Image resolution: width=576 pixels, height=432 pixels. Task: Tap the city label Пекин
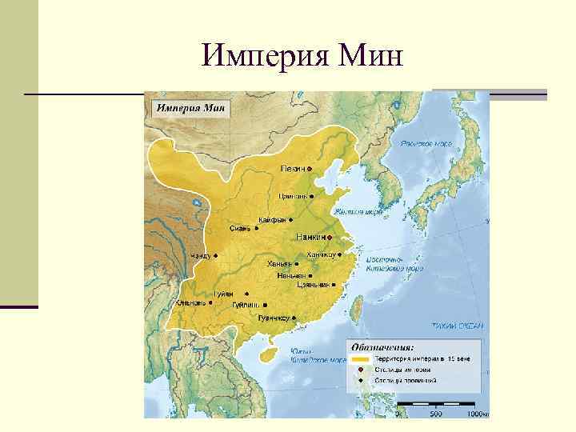[x=291, y=169]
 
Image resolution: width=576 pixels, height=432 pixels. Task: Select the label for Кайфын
[x=272, y=220]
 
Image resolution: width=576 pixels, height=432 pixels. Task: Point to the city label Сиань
[x=240, y=228]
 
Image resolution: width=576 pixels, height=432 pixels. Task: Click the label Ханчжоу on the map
[x=321, y=254]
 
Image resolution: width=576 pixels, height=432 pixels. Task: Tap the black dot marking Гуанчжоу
[x=294, y=318]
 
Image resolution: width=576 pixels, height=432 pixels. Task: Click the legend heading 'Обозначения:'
[x=382, y=348]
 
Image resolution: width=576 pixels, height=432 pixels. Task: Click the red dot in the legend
[x=361, y=370]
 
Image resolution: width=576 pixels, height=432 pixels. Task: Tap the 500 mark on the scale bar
[x=435, y=414]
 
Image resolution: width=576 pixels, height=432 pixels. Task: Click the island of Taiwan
[x=358, y=304]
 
